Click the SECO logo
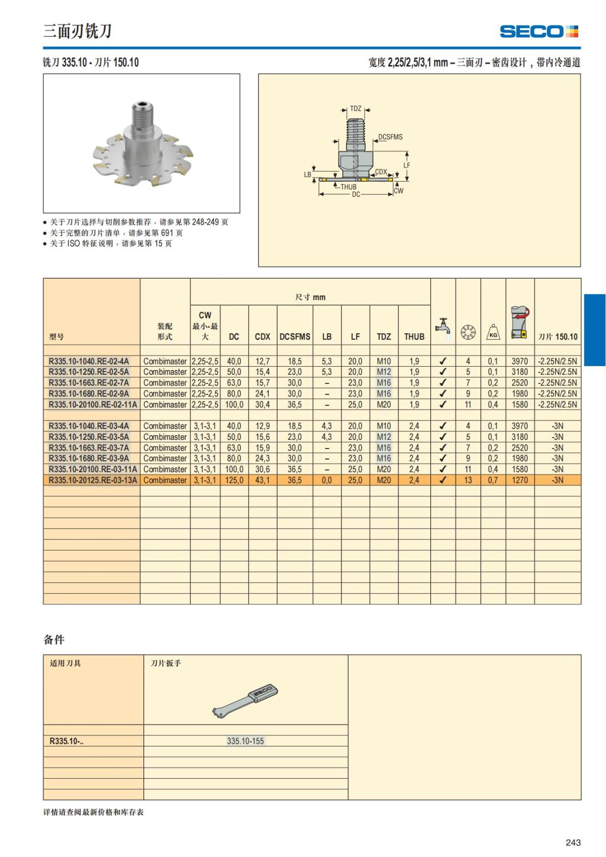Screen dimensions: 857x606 coord(539,31)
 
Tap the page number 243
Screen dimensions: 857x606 coord(573,842)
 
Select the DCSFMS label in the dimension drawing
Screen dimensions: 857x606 coord(390,137)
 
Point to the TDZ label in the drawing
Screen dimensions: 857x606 coord(356,109)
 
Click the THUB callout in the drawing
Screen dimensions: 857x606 coord(348,187)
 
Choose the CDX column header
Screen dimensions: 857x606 coord(263,336)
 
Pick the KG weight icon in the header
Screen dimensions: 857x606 coord(493,332)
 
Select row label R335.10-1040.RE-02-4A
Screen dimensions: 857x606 coord(89,361)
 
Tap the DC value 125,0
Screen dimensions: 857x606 coord(234,480)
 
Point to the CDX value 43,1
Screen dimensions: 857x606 coord(263,480)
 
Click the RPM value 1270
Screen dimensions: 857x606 coord(520,480)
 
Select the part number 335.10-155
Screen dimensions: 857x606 coord(245,741)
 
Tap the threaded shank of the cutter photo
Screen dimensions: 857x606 coord(143,116)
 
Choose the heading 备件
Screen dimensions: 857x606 coord(54,640)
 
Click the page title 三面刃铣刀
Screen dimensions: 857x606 coord(77,31)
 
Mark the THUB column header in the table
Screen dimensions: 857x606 coord(414,336)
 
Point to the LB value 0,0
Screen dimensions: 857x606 coord(327,480)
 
